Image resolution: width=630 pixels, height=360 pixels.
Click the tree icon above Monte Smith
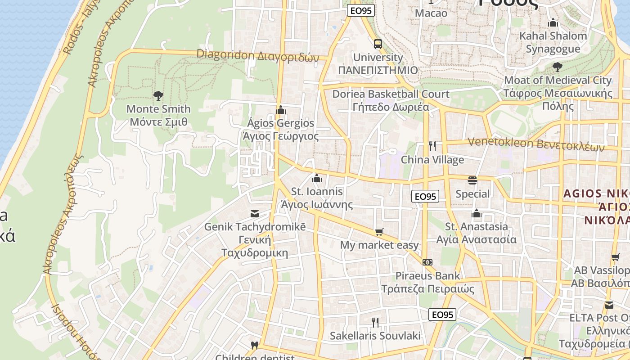[158, 95]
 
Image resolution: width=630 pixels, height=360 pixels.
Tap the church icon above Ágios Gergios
[281, 110]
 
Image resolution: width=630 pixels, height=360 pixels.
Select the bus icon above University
[378, 44]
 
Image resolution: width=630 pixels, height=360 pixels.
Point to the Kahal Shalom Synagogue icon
[553, 22]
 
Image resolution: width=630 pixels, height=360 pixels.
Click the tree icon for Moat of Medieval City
[557, 67]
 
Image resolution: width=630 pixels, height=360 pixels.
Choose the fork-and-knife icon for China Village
[432, 146]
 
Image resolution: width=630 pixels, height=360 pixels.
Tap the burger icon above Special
[472, 180]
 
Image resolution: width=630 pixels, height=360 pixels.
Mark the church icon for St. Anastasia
[477, 213]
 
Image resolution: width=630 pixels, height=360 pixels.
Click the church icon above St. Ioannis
[317, 178]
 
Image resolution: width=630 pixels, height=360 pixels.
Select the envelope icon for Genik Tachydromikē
[255, 213]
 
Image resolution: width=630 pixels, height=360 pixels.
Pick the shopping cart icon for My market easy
[379, 232]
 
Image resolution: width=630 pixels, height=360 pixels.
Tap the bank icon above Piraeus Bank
[427, 262]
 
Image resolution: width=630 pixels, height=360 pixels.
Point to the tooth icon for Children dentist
[254, 346]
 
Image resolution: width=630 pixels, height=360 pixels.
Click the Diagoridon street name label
[257, 55]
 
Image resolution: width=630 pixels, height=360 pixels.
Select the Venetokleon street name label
[535, 144]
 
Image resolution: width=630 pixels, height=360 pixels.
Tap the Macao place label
[431, 13]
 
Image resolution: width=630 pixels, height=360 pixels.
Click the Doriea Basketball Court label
[391, 94]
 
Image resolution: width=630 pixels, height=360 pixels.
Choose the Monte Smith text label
[158, 109]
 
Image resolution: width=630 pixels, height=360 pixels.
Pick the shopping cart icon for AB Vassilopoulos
[615, 257]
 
